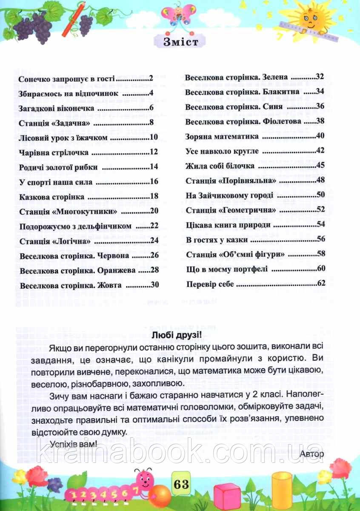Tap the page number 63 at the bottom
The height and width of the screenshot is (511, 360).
pos(180,484)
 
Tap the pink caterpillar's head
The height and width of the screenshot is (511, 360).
pos(143,478)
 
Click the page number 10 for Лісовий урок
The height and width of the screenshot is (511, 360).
pos(154,137)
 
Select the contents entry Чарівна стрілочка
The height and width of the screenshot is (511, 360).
pos(54,152)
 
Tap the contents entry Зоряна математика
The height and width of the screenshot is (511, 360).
pos(222,137)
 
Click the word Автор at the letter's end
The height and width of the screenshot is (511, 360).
pos(312,454)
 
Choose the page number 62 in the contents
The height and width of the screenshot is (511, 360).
pos(321,284)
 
